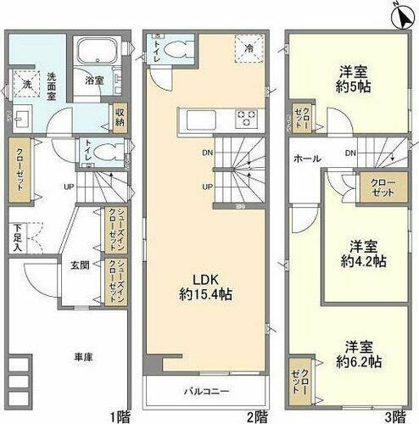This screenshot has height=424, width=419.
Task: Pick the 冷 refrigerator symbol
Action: [x=249, y=48]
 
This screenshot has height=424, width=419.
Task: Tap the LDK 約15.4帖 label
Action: [x=206, y=287]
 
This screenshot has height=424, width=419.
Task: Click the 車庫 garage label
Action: [x=70, y=357]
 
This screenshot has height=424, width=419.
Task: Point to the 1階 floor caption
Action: [x=120, y=416]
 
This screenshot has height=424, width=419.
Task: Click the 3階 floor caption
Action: [x=395, y=416]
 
